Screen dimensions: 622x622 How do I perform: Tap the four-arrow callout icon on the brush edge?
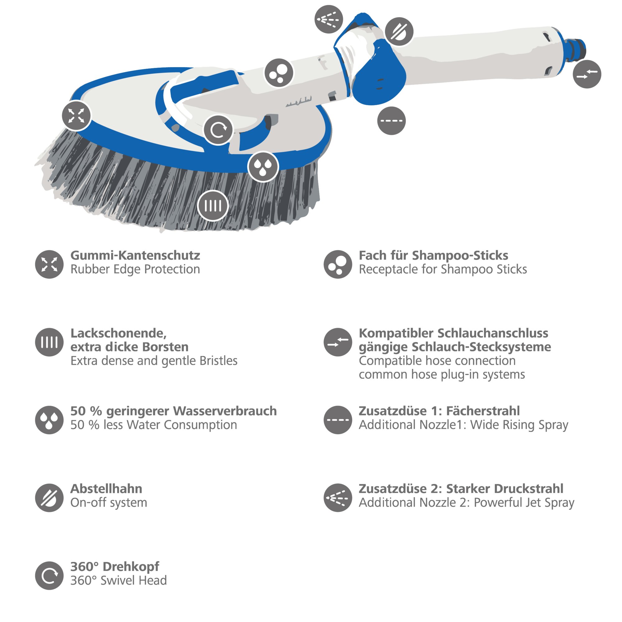tap(76, 116)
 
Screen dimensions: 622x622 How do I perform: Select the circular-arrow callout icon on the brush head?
tap(218, 130)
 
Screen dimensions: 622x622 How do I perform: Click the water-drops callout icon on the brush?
tap(263, 166)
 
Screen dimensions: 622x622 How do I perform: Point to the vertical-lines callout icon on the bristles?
tap(213, 206)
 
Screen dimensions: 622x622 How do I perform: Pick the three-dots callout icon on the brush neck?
tap(279, 73)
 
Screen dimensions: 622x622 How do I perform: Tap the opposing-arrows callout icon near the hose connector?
tap(587, 74)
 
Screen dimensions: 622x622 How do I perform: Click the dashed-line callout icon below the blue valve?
tap(391, 121)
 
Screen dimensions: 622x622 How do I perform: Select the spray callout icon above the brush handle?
tap(329, 19)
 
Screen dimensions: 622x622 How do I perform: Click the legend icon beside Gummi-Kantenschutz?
tap(49, 264)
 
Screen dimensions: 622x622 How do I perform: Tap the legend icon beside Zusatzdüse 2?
tap(338, 498)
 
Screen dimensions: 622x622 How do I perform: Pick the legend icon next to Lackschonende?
tap(49, 342)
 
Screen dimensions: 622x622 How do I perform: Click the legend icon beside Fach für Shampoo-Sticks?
tap(338, 264)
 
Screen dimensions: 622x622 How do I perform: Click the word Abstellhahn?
tap(106, 489)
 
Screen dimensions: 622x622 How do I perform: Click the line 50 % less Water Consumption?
tap(154, 425)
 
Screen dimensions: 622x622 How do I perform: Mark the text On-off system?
tap(109, 503)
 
